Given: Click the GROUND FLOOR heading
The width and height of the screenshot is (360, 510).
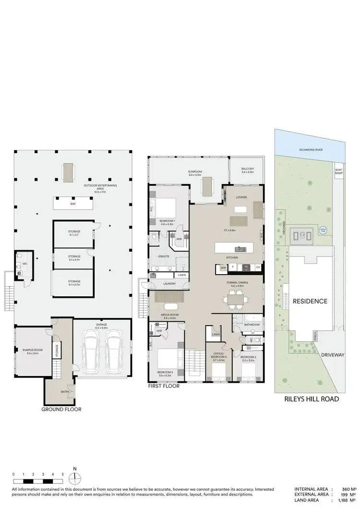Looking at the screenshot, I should coord(61,410).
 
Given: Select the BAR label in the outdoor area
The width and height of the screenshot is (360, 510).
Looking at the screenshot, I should coord(73,204).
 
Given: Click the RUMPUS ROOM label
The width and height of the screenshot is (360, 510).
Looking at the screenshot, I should coord(33,350).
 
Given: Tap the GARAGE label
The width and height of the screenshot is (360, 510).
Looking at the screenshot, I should coord(101,325).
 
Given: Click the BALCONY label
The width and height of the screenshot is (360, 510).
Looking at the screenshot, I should coord(247,169).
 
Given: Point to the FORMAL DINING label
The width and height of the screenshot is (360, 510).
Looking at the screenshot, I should coord(236,283).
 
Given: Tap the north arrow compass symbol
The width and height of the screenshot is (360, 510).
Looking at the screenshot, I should coord(74,478).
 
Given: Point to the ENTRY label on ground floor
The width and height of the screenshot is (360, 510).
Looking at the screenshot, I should coord(65,391).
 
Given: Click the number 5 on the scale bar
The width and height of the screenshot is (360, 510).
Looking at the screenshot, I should coord(62,474).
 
